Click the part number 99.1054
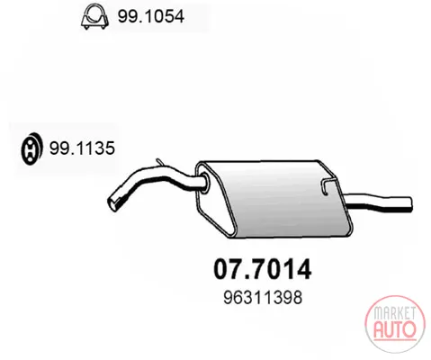[x=150, y=16]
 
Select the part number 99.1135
[x=82, y=148]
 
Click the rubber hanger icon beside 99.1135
[x=31, y=149]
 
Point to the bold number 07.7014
[x=263, y=269]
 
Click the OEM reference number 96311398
[x=263, y=298]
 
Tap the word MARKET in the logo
[x=394, y=313]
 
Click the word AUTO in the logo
[x=395, y=329]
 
